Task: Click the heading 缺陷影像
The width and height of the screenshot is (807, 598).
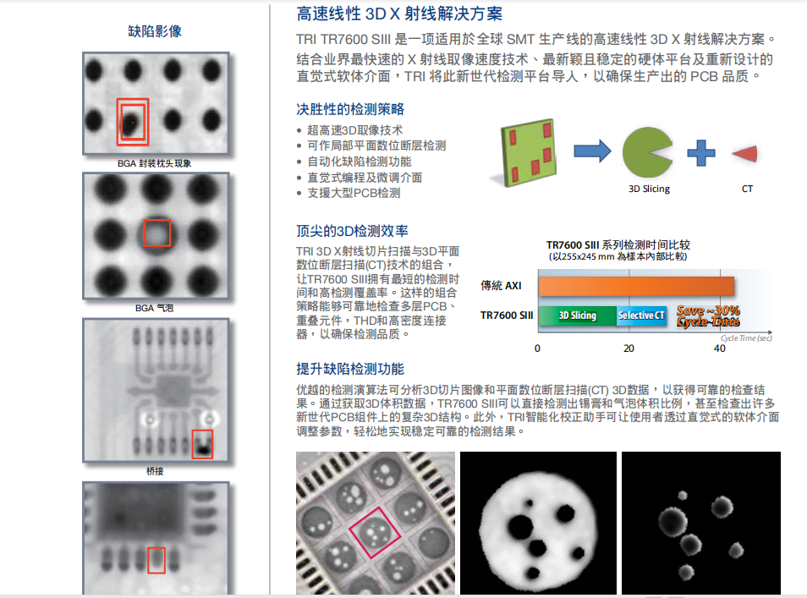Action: point(154,31)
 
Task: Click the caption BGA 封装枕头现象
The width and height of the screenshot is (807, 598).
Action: point(155,163)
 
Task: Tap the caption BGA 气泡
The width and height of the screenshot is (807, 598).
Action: point(155,308)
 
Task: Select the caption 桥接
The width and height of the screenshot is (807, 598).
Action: point(155,470)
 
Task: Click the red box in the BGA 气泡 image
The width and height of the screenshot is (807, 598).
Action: point(156,233)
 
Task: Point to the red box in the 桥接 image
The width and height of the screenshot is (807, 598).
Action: point(202,444)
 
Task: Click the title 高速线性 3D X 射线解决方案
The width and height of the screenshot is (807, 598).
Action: point(399,14)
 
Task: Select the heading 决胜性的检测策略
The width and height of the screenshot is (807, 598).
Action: point(350,109)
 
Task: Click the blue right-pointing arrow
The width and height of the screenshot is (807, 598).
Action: point(591,151)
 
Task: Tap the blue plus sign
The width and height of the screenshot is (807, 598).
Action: point(700,152)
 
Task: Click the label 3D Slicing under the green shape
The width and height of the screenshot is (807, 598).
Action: point(649,189)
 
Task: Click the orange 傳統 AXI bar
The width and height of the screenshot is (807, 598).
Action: point(634,286)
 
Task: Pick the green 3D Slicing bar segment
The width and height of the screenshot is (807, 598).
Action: point(577,315)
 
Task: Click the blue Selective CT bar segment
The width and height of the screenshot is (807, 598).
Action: point(641,315)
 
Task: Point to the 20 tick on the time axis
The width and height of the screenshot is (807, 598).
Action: point(629,348)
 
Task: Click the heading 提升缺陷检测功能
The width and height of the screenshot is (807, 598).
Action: point(350,369)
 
